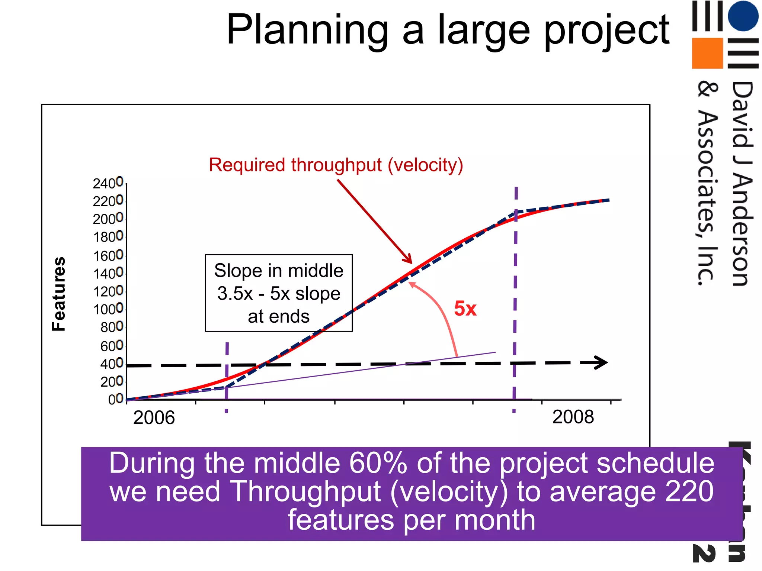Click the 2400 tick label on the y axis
pyautogui.click(x=108, y=183)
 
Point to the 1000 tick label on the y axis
pyautogui.click(x=108, y=309)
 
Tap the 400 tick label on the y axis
pyautogui.click(x=112, y=364)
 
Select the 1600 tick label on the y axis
pyautogui.click(x=108, y=256)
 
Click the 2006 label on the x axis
pyautogui.click(x=154, y=417)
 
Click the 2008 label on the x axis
pyautogui.click(x=573, y=417)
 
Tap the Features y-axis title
pyautogui.click(x=59, y=294)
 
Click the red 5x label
pyautogui.click(x=465, y=309)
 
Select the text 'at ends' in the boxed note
pyautogui.click(x=279, y=316)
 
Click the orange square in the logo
pyautogui.click(x=707, y=53)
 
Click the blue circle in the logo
pyautogui.click(x=743, y=16)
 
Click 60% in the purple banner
pyautogui.click(x=378, y=464)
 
